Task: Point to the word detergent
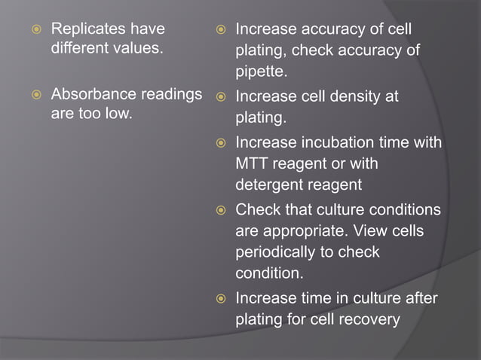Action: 270,185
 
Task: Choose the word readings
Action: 173,96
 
